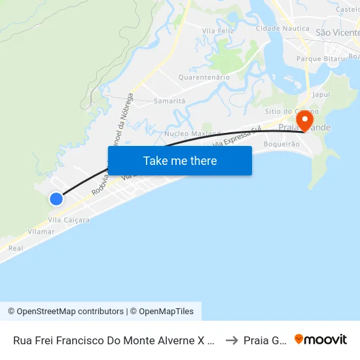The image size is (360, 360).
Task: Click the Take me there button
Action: click(x=180, y=160)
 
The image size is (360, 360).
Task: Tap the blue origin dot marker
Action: click(x=56, y=199)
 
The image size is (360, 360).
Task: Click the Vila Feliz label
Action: click(x=218, y=31)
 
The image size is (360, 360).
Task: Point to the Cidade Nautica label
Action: click(x=281, y=29)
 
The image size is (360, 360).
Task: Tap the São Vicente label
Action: click(x=336, y=32)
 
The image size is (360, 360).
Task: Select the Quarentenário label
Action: click(x=204, y=77)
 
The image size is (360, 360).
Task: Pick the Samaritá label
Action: click(x=170, y=101)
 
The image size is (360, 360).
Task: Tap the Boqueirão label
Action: click(x=281, y=144)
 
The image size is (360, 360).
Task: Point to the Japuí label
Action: click(x=321, y=94)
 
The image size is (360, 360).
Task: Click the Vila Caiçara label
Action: click(x=69, y=220)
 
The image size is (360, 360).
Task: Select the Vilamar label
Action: click(x=41, y=232)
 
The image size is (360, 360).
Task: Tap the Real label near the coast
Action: click(x=16, y=249)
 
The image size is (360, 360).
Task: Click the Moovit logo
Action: click(x=321, y=340)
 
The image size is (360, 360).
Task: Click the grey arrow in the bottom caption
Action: click(x=231, y=340)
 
